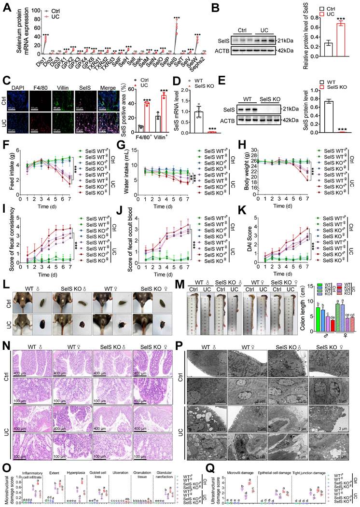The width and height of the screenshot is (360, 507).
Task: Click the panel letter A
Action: click(7, 6)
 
